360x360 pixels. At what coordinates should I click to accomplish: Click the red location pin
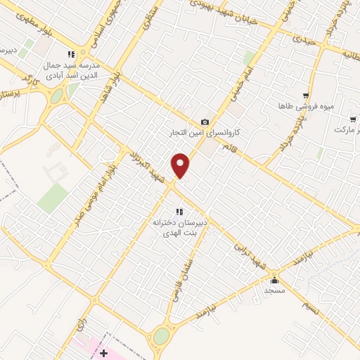tap(181, 165)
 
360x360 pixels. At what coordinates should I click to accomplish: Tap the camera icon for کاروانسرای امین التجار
tap(205, 122)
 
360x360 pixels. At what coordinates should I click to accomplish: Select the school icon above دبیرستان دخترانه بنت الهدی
tap(179, 211)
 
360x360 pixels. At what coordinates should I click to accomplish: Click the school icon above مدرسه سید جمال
tap(70, 54)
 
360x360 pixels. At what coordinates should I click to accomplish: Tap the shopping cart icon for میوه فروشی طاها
tap(305, 95)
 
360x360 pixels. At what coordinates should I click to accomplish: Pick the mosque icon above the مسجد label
tap(273, 279)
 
